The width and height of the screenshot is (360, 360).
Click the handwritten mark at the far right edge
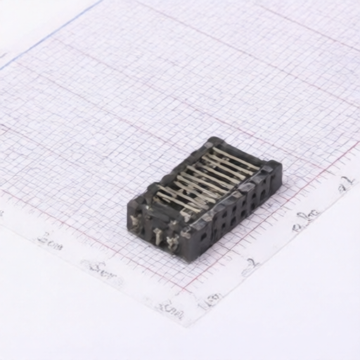click(x=345, y=184)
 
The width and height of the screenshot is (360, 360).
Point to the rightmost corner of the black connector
click(x=281, y=167)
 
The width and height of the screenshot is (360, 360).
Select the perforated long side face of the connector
click(x=236, y=214)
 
